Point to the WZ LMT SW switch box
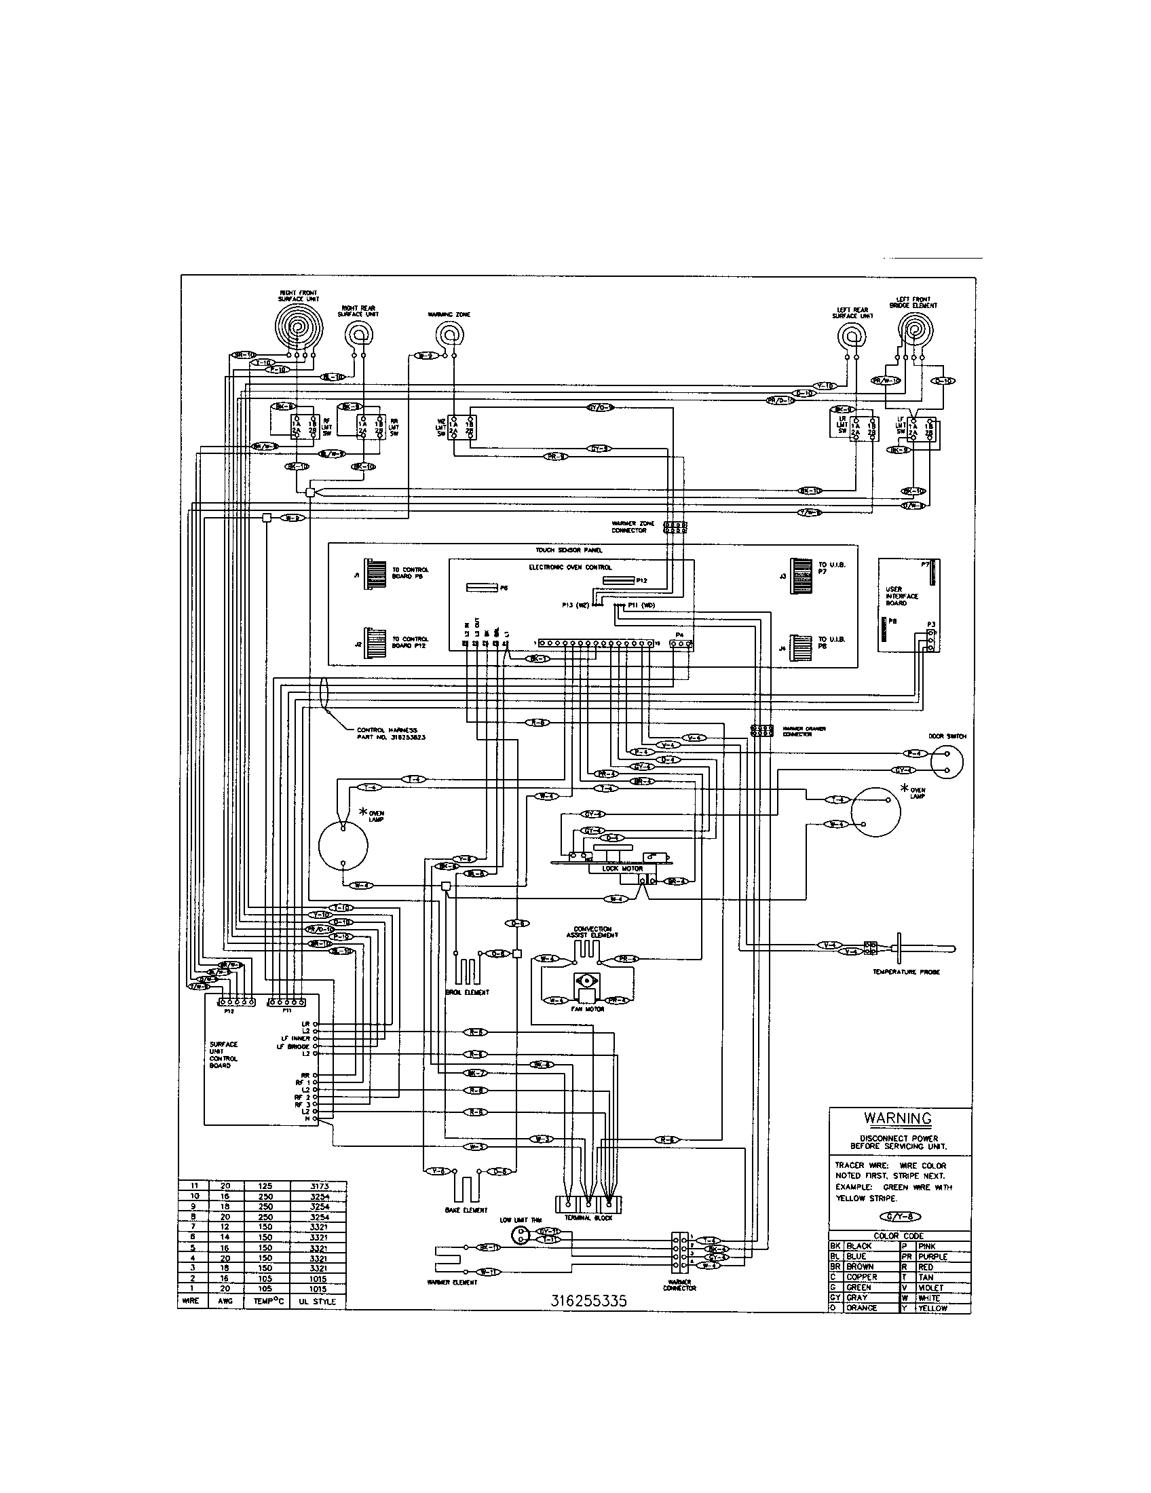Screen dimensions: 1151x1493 (x=461, y=428)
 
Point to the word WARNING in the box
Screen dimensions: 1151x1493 (x=897, y=1118)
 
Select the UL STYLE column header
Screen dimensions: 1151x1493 (x=318, y=1301)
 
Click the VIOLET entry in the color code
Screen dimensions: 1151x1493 (x=932, y=1287)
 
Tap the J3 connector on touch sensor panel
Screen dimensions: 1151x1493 (x=800, y=575)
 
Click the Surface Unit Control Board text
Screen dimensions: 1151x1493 (x=224, y=1055)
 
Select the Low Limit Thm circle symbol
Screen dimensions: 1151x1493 (x=521, y=1234)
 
